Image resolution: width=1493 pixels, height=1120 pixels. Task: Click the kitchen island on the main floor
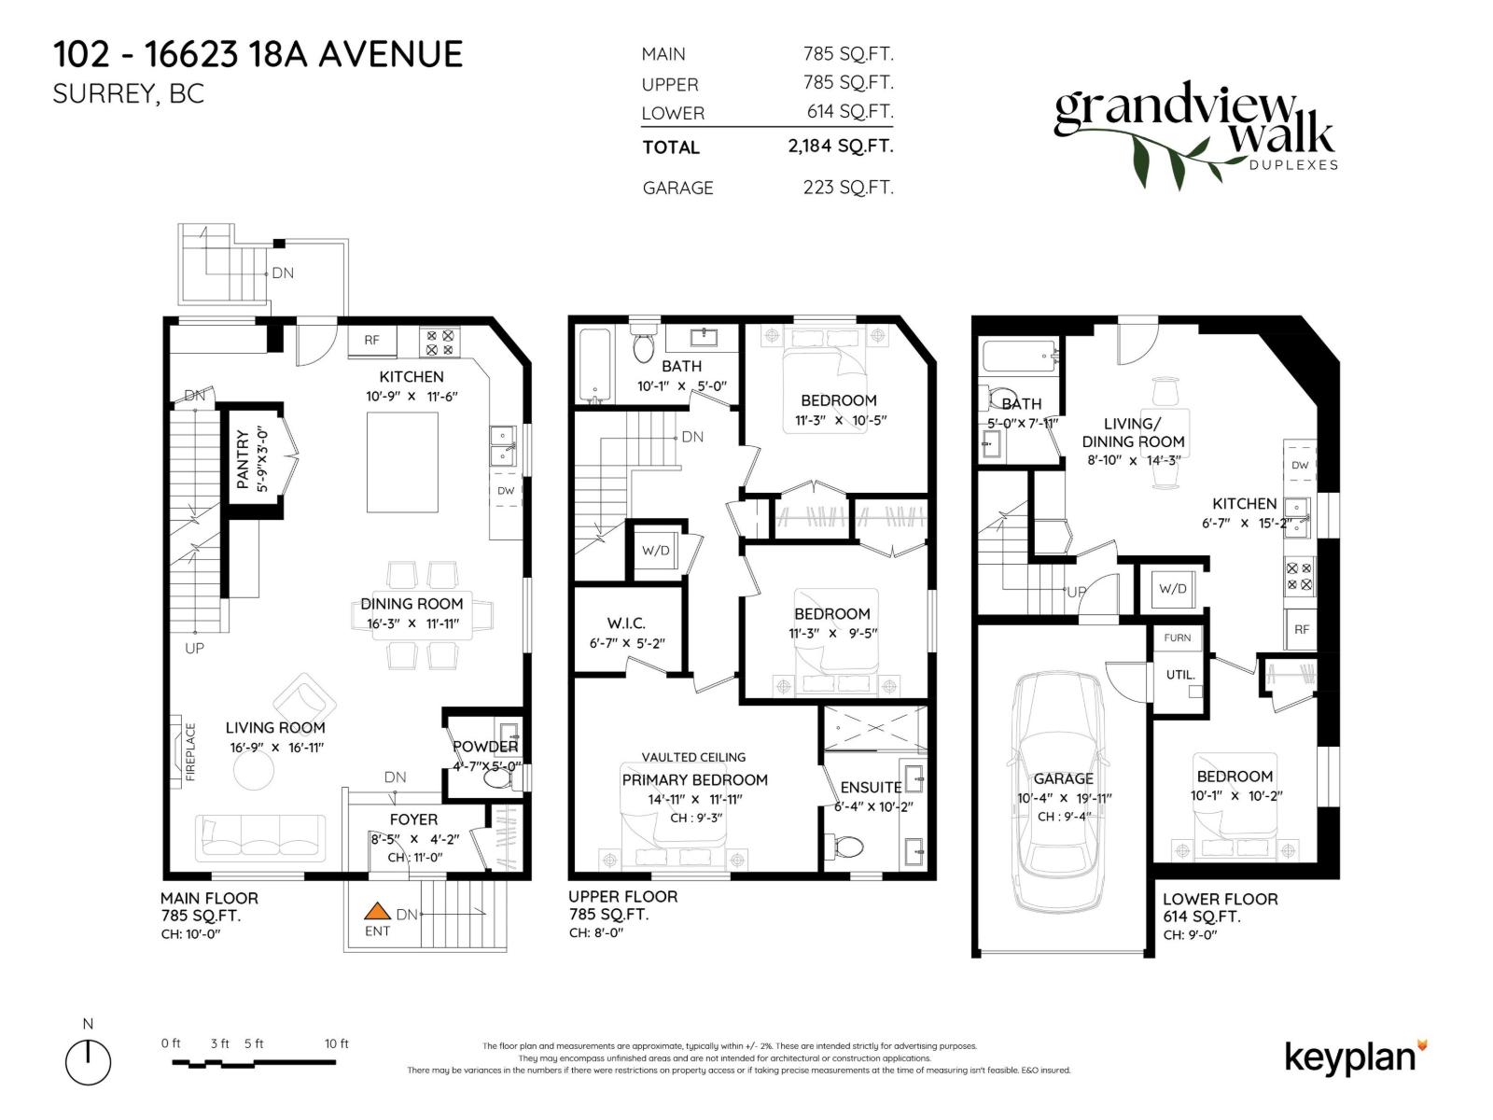(403, 462)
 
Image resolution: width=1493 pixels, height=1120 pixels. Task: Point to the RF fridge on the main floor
(371, 341)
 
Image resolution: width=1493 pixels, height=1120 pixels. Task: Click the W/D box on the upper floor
(655, 551)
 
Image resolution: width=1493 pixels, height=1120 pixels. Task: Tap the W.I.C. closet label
(625, 623)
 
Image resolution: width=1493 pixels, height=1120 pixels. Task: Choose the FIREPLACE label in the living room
(190, 752)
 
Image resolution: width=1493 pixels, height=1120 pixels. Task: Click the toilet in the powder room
(492, 781)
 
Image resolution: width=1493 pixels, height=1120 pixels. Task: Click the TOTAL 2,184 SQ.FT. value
(840, 147)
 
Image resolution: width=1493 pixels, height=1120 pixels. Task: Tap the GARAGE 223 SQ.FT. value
(847, 188)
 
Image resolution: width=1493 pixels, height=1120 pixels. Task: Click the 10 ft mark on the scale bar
(337, 1044)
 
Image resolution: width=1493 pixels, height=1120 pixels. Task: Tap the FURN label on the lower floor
(1178, 638)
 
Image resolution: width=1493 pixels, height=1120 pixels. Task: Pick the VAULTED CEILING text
(693, 757)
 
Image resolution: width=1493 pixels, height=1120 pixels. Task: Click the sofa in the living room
(260, 836)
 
